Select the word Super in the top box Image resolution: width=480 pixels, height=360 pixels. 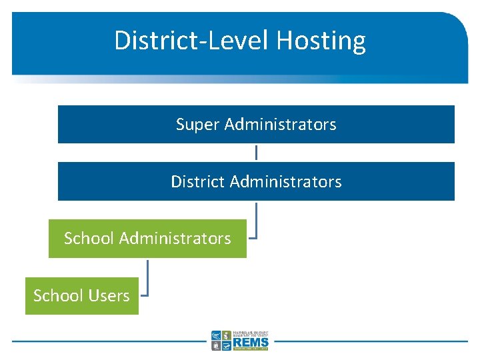(198, 125)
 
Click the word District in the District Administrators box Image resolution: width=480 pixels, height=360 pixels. (195, 181)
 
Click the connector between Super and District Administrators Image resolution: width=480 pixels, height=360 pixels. (256, 153)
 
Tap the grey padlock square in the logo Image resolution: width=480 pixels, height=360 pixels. (216, 345)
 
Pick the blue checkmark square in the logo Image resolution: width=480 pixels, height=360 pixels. (227, 345)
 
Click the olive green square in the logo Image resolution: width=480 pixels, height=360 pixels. (227, 335)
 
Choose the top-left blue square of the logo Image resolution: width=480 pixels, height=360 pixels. (216, 335)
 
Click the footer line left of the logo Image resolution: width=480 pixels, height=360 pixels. (107, 341)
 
